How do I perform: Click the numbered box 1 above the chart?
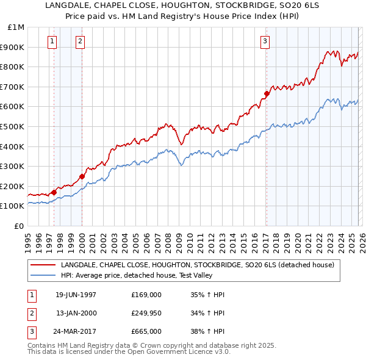[52, 41]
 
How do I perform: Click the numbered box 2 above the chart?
[81, 41]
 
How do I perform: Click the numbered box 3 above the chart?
[265, 41]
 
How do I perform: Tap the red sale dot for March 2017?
[267, 93]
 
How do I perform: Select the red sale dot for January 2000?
[82, 176]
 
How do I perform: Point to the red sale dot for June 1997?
[54, 192]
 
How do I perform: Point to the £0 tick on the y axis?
[18, 226]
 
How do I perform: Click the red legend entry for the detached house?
[196, 265]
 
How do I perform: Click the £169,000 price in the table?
[146, 294]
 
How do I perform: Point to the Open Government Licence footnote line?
[129, 352]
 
